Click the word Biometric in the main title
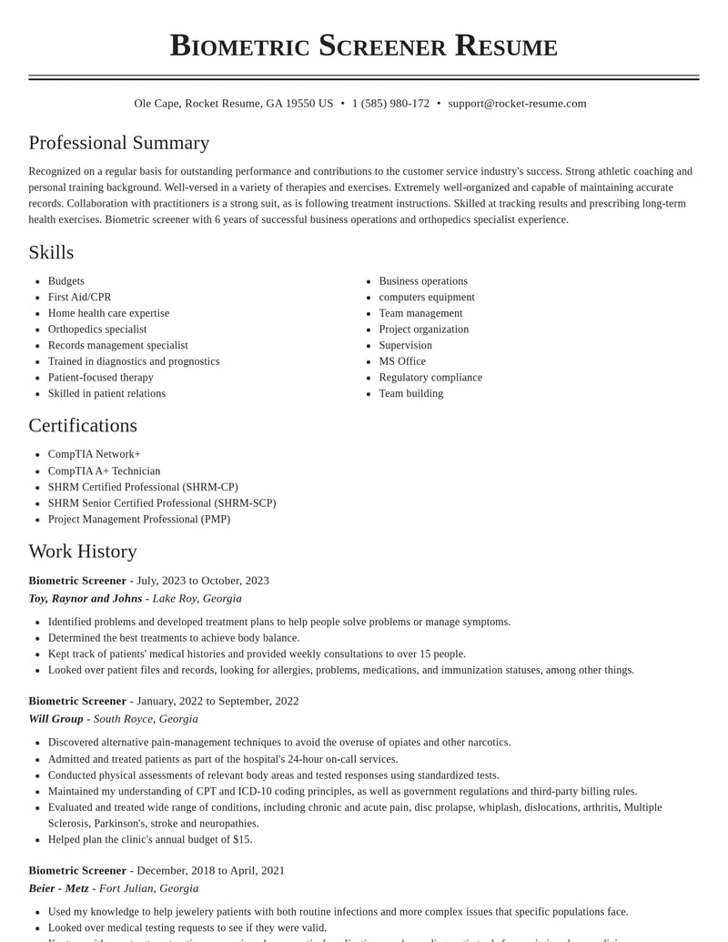pyautogui.click(x=238, y=46)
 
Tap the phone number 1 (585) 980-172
pyautogui.click(x=390, y=104)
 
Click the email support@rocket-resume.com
pyautogui.click(x=517, y=104)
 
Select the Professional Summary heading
pyautogui.click(x=119, y=143)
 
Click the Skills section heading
pyautogui.click(x=51, y=252)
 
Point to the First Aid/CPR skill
pyautogui.click(x=80, y=298)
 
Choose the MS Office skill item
pyautogui.click(x=402, y=361)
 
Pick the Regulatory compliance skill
pyautogui.click(x=430, y=378)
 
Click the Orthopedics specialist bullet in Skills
pyautogui.click(x=97, y=329)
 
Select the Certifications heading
pyautogui.click(x=83, y=425)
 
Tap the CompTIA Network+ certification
pyautogui.click(x=95, y=454)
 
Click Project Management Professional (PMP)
pyautogui.click(x=139, y=520)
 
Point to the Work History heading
pyautogui.click(x=83, y=552)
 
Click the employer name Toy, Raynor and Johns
pyautogui.click(x=86, y=599)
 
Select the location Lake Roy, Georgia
pyautogui.click(x=197, y=599)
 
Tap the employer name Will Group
pyautogui.click(x=56, y=719)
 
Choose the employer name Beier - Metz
pyautogui.click(x=58, y=888)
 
